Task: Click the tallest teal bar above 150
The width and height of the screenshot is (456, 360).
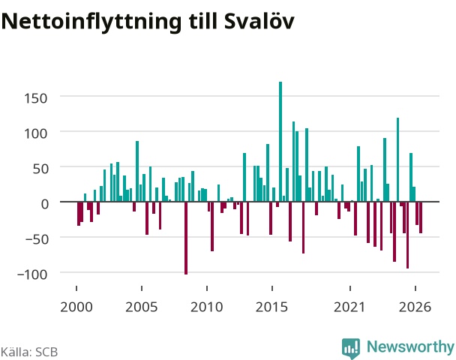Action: [x=280, y=142]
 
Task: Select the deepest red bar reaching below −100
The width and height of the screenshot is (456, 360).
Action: [x=186, y=238]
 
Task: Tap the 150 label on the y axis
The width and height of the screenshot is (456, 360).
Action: [x=35, y=98]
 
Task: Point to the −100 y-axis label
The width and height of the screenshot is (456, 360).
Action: [x=32, y=274]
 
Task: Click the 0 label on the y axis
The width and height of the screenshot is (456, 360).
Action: [x=44, y=204]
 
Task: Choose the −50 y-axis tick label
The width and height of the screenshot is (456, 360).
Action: [x=36, y=239]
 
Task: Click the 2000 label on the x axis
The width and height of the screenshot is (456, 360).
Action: [x=76, y=307]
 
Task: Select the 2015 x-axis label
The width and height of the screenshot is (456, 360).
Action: [x=271, y=307]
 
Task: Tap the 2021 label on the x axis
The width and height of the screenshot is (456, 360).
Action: [x=349, y=307]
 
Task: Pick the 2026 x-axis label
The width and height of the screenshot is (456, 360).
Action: [x=415, y=307]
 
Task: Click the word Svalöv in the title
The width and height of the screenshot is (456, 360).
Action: [x=259, y=21]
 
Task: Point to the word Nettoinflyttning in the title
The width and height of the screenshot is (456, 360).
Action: [x=91, y=22]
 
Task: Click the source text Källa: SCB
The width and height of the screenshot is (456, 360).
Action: [x=29, y=352]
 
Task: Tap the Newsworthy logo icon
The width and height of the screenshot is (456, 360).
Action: [x=351, y=348]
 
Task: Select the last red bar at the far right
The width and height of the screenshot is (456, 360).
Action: [x=421, y=217]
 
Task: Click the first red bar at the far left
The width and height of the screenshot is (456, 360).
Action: [x=79, y=214]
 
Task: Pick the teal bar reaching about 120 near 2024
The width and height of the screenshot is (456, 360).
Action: [x=397, y=160]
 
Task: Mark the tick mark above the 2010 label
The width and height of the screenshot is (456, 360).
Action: [x=207, y=288]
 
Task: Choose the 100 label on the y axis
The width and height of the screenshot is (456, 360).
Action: [x=35, y=133]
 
